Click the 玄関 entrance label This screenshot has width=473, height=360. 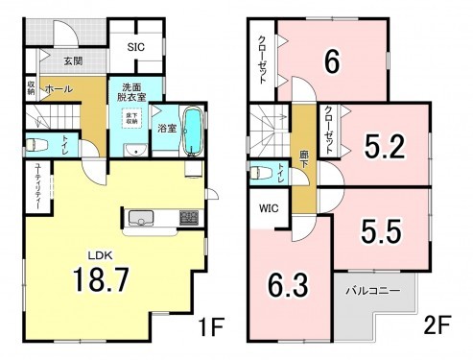pyautogui.click(x=73, y=61)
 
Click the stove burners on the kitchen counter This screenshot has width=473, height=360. pyautogui.click(x=188, y=218)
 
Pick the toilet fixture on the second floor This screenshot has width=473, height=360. pyautogui.click(x=260, y=174)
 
